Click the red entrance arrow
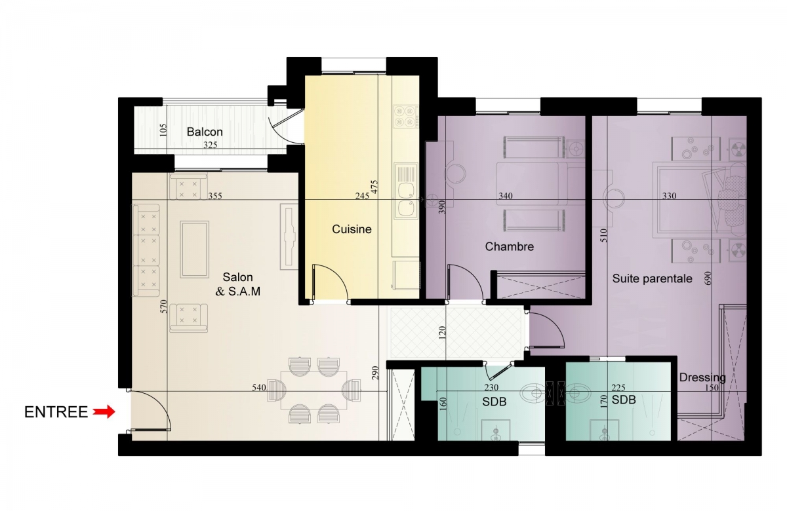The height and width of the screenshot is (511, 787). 104,411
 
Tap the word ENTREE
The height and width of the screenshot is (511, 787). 56,412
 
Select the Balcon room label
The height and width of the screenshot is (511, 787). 205,132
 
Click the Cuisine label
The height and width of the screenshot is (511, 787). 352,229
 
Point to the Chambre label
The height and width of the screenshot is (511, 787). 510,247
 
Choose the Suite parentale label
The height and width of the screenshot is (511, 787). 652,278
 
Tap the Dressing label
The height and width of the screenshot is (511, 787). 702,377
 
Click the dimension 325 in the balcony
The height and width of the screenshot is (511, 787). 210,145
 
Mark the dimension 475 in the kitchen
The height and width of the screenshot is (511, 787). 374,187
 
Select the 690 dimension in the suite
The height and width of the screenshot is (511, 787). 708,278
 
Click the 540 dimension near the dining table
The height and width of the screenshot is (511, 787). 259,388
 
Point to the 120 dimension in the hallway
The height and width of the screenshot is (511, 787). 442,332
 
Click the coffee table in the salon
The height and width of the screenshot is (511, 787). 195,249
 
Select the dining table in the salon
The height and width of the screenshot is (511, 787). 313,390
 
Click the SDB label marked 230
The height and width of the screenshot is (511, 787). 494,402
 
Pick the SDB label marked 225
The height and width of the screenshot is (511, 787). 624,400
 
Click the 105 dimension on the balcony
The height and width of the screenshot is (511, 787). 163,130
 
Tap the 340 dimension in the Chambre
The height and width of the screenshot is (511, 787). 506,196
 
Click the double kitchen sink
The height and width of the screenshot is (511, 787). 406,191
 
